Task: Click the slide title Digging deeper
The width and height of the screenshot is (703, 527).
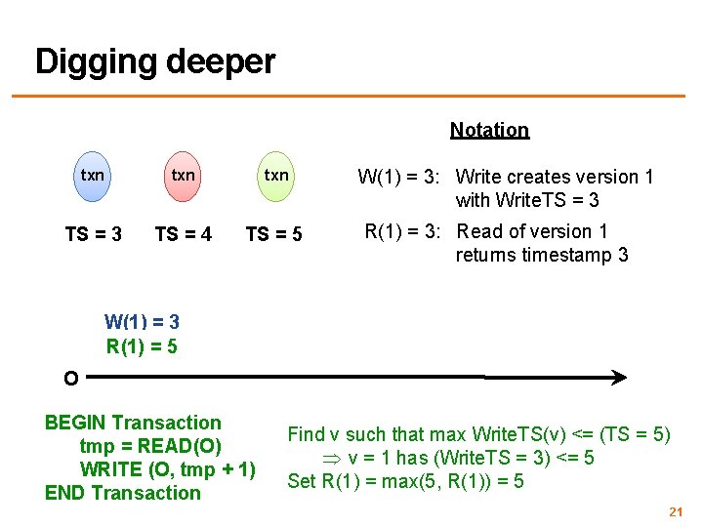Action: point(155,61)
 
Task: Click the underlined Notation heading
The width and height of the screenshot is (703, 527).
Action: point(489,130)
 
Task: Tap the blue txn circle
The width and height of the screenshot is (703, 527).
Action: point(92,176)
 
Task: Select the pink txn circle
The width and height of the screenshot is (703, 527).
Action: point(183,176)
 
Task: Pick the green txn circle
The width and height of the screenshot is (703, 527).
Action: point(276,176)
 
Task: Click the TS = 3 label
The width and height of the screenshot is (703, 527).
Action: point(93,234)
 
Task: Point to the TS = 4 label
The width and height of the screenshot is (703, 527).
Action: point(183,234)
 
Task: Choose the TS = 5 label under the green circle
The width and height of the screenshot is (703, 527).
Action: point(273,234)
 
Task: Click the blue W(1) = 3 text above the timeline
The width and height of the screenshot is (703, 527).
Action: point(142,321)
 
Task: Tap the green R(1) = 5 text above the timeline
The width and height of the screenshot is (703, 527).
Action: point(142,345)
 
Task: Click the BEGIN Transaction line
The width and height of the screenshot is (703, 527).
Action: point(133,423)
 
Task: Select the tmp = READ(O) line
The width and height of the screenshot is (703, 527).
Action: point(148,446)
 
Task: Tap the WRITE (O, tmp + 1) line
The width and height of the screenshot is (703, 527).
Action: point(167,469)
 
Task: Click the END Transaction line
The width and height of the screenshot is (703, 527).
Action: point(122,493)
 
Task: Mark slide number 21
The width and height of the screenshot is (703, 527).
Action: point(674,511)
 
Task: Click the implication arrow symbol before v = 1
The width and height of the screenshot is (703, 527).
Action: point(333,459)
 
